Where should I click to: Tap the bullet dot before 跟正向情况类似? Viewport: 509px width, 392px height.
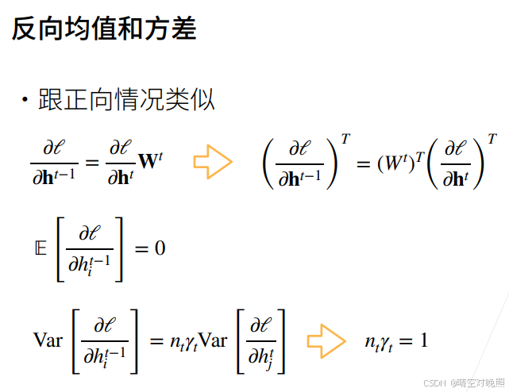coord(25,101)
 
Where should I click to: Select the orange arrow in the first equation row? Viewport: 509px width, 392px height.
coord(212,162)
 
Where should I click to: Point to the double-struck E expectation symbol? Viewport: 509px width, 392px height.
coord(40,248)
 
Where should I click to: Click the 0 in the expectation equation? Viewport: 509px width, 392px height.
coord(160,248)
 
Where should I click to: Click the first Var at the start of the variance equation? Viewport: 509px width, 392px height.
coord(47,341)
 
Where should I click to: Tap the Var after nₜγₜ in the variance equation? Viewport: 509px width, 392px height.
coord(211,341)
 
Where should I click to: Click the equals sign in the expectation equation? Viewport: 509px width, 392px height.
coord(141,248)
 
